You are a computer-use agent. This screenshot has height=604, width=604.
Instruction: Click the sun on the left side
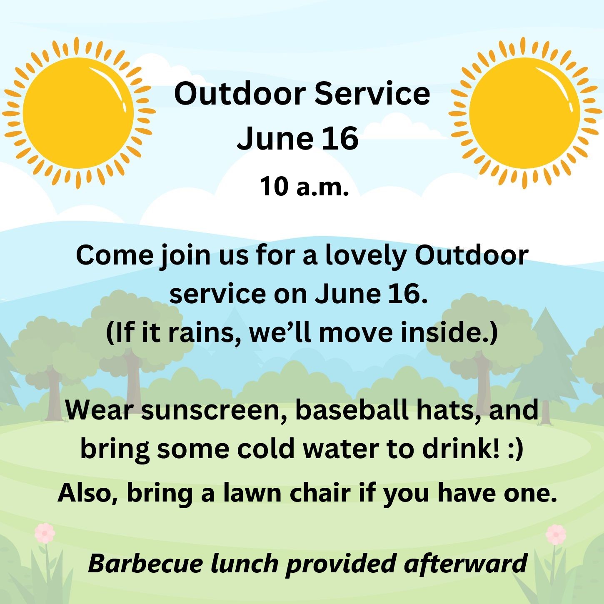point(78,113)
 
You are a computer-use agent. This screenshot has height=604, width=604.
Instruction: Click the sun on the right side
point(524,113)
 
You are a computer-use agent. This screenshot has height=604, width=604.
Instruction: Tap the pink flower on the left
point(45,533)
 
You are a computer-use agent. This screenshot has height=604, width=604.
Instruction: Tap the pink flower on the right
point(556,534)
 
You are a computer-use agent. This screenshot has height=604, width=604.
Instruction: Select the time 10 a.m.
point(304,187)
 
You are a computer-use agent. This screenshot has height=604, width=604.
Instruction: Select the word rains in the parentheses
point(204,332)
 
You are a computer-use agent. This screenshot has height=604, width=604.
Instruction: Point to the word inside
point(444,332)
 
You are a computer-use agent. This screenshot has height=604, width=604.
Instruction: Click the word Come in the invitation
point(115,255)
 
